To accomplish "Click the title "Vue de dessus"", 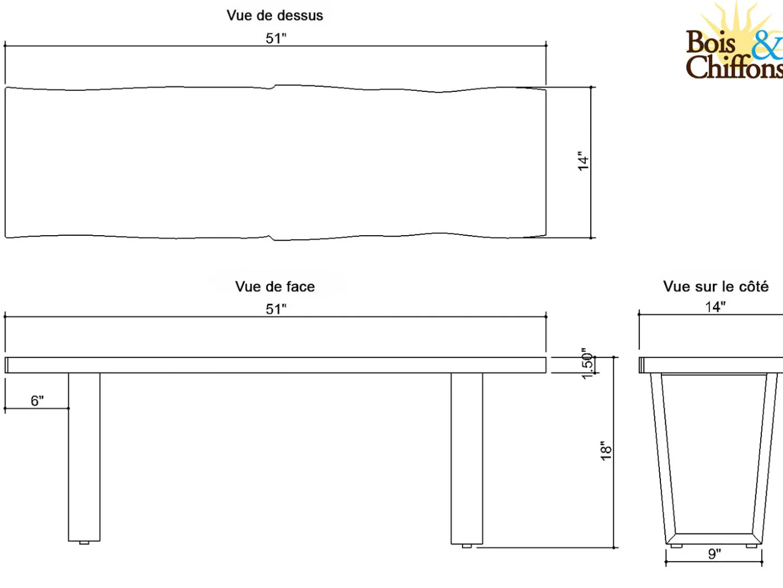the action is coord(275,16).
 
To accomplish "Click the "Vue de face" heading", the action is coord(275,286).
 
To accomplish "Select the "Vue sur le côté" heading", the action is coord(716,286).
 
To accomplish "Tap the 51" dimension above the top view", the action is coord(276,38).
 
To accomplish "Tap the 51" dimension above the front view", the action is coord(276,309).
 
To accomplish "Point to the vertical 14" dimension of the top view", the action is coord(583,161).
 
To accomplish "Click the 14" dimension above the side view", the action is coord(715,307).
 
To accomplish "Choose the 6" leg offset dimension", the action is coord(37,400).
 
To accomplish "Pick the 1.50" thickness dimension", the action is coord(587,364).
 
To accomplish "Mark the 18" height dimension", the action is coord(606,451).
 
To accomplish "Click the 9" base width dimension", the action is coord(714,554).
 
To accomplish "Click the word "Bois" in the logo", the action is coord(711,42).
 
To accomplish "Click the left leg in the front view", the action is coord(84,457).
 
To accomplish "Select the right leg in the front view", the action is coord(466,459).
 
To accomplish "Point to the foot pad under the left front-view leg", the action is coord(84,543).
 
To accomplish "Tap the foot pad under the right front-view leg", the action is coord(466,546).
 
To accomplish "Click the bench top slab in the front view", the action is coord(275,365).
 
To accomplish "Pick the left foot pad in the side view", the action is coord(676,546).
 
